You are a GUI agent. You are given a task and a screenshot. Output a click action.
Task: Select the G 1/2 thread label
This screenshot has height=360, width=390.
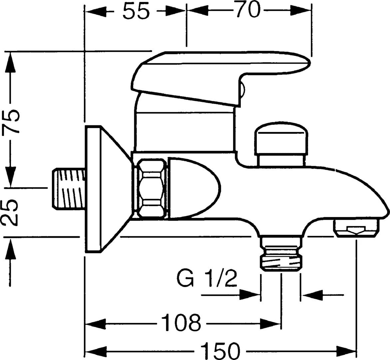(x=207, y=279)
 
